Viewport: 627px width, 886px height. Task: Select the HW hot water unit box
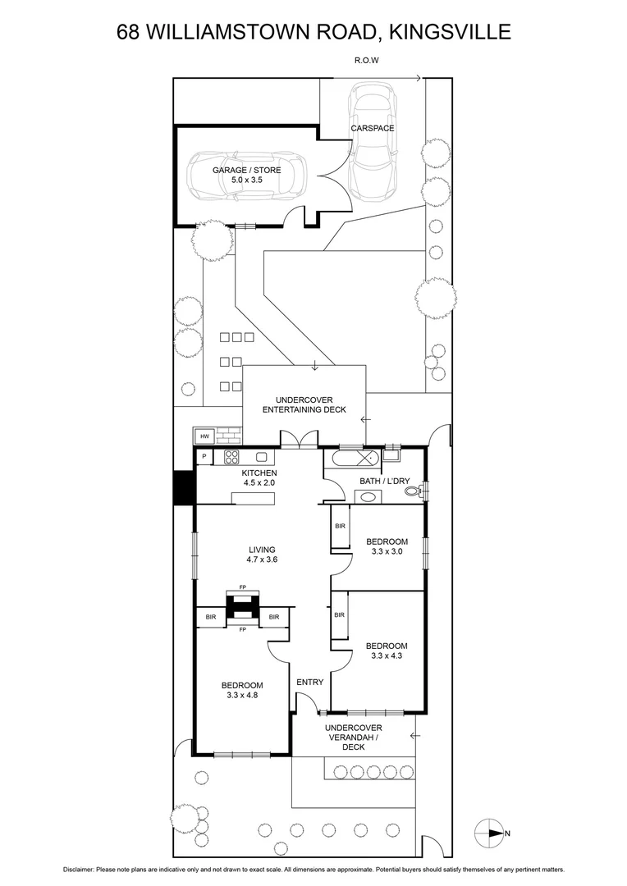(x=202, y=436)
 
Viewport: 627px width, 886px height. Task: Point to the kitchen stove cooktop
(x=232, y=457)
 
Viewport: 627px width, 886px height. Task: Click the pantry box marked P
(x=203, y=457)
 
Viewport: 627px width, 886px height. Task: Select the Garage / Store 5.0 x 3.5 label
(x=246, y=175)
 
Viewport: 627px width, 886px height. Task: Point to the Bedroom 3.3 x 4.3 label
(x=387, y=651)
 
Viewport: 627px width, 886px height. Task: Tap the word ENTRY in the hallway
(x=309, y=682)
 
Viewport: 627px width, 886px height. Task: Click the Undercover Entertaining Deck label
(x=304, y=404)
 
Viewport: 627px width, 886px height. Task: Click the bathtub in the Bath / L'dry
(x=353, y=458)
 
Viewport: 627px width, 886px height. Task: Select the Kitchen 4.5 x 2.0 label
(x=259, y=478)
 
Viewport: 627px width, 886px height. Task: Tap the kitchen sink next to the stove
(x=263, y=457)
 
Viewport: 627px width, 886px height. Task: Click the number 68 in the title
(x=128, y=32)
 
